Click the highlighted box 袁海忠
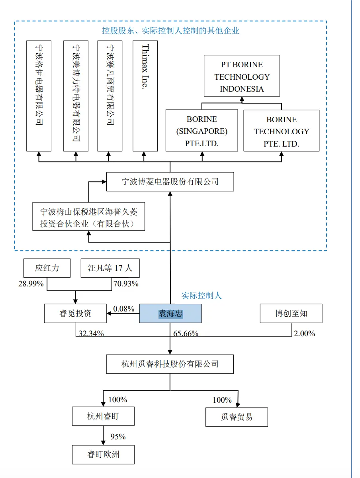coord(170,313)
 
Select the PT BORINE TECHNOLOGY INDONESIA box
coord(242,76)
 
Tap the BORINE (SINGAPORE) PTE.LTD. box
coord(202,131)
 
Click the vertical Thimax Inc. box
coord(145,96)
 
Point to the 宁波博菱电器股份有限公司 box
coord(170,182)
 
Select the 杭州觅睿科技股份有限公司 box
coord(170,364)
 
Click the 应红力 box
coord(47,268)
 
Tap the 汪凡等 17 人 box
coord(110,268)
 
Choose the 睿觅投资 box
coord(75,313)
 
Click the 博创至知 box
coord(291,313)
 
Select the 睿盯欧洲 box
coord(103,454)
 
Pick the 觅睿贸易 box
coord(237,417)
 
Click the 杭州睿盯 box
coord(103,417)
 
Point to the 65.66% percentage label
coord(186,334)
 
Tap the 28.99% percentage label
coord(31,284)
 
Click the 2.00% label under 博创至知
coord(304,334)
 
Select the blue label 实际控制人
coord(202,296)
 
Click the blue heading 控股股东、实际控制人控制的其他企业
coord(170,30)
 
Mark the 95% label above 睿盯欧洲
coord(118,437)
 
